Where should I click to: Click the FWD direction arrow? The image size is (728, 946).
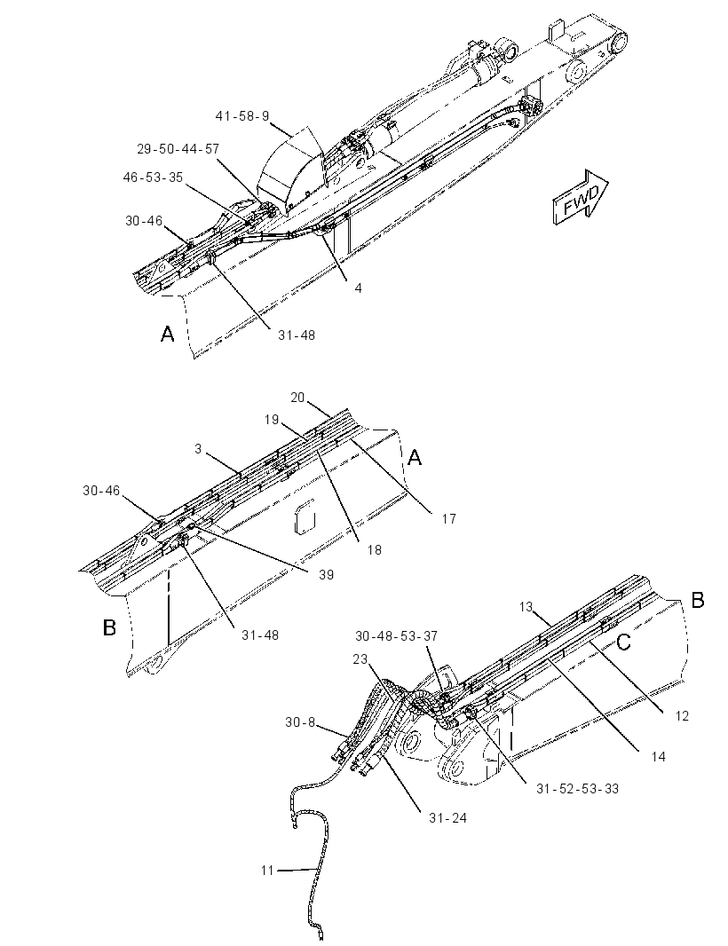(580, 197)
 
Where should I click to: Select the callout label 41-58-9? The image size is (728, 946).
(242, 116)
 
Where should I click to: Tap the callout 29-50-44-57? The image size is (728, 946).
(178, 148)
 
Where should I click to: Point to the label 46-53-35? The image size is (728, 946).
(153, 177)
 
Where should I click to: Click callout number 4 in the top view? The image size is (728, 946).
(358, 288)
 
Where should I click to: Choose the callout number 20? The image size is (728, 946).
(297, 398)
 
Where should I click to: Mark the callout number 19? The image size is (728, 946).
(271, 419)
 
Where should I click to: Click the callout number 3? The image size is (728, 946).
(198, 448)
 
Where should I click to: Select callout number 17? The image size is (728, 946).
(448, 518)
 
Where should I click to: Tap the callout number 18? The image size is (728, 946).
(375, 549)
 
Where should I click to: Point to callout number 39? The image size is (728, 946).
(326, 575)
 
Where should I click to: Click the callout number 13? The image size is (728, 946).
(526, 606)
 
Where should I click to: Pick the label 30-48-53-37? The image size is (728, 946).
(397, 636)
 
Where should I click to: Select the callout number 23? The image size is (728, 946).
(360, 659)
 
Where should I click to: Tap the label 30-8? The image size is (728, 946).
(300, 721)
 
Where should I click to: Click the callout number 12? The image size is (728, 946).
(682, 716)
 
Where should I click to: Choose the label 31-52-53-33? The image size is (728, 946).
(577, 789)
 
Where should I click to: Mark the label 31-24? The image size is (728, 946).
(447, 818)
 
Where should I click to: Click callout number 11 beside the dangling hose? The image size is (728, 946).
(267, 871)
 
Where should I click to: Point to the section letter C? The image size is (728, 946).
(623, 642)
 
